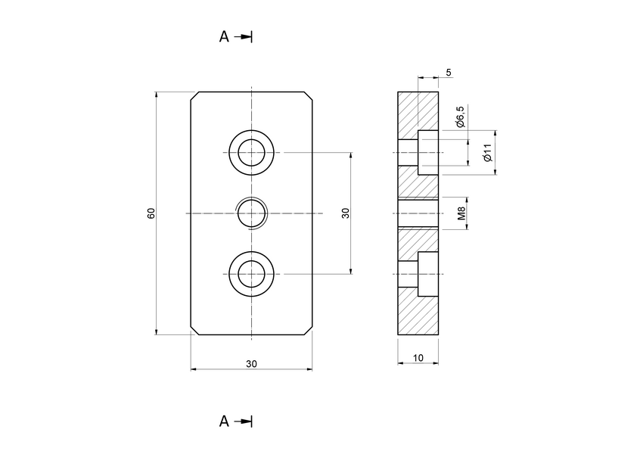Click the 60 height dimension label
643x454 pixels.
click(151, 213)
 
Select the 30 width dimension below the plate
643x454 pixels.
click(251, 363)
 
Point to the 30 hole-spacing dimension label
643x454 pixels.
click(345, 213)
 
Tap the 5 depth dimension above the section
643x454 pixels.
click(449, 73)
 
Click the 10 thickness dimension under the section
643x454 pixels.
click(418, 357)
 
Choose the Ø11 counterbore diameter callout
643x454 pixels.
click(488, 153)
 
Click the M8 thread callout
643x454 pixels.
click(461, 214)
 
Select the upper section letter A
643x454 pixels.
click(224, 36)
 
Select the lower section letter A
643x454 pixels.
click(224, 421)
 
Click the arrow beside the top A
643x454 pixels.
click(244, 36)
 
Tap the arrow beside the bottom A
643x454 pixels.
click(244, 421)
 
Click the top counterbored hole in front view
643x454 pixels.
click(251, 153)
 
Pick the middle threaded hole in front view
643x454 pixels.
click(251, 213)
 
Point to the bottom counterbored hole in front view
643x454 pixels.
click(251, 274)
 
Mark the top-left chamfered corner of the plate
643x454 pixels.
click(194, 96)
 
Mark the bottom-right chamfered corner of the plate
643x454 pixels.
click(308, 330)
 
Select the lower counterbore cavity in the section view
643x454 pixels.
click(427, 274)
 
